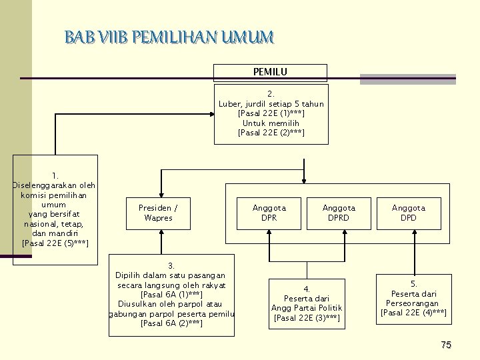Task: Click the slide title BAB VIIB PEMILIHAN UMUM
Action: tap(169, 37)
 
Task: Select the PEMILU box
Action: tap(270, 72)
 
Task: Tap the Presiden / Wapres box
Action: tap(158, 213)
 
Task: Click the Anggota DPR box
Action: tap(269, 213)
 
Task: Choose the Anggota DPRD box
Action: tap(339, 213)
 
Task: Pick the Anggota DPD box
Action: tap(409, 213)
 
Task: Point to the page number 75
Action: tap(446, 345)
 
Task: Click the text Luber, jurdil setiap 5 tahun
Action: tap(271, 104)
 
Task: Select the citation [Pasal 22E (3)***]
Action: tap(307, 317)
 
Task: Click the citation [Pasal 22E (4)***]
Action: tap(413, 313)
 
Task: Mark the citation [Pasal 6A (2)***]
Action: tap(171, 323)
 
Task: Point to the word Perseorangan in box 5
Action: tap(413, 303)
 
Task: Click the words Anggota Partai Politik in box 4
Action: tap(307, 308)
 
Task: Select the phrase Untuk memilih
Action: tap(271, 123)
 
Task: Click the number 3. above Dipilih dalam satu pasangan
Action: tap(171, 266)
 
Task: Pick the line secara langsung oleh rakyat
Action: tap(171, 285)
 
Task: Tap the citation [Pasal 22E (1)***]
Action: tap(271, 113)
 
